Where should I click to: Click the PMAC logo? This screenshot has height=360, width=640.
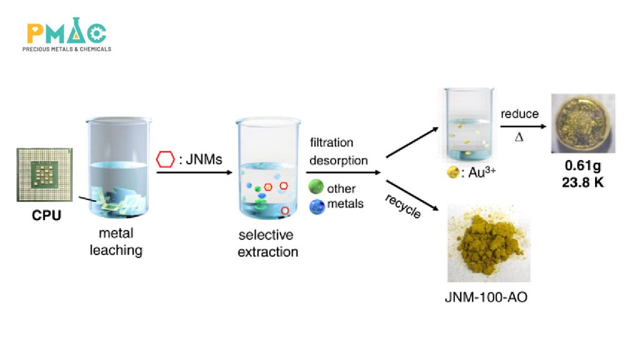click(x=67, y=34)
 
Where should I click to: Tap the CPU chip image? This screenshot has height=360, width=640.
click(x=43, y=174)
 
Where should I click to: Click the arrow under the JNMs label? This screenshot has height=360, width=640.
click(x=190, y=172)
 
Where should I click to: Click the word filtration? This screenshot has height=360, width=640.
click(x=331, y=143)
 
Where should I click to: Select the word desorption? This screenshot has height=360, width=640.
click(x=339, y=160)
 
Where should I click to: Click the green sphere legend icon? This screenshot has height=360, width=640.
click(x=317, y=187)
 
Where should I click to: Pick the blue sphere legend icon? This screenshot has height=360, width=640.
click(x=317, y=204)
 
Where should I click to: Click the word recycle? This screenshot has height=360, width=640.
click(x=402, y=206)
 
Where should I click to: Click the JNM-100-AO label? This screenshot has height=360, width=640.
click(x=486, y=297)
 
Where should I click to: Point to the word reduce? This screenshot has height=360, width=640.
click(x=519, y=114)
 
